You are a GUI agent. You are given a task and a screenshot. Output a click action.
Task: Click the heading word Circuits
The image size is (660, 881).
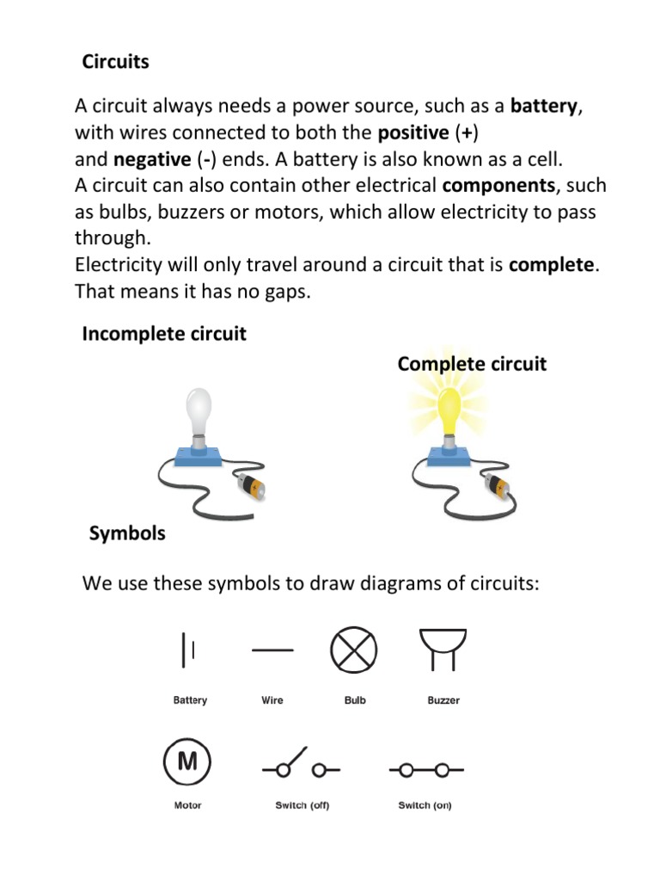coord(115,62)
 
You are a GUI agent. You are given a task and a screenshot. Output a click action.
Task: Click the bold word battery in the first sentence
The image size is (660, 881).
coord(545,107)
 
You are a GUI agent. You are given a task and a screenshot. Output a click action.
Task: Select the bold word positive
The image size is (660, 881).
coord(412,133)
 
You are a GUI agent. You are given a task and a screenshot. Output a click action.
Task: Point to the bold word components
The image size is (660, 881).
coord(498,186)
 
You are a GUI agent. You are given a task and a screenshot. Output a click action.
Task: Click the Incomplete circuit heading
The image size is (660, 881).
coord(164,334)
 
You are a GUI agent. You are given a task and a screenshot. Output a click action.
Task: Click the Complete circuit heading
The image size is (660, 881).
coord(472,364)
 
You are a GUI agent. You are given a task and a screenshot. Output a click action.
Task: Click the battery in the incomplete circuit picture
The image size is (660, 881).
coord(249,487)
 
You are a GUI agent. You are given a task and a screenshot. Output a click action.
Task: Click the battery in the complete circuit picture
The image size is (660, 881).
coord(498,486)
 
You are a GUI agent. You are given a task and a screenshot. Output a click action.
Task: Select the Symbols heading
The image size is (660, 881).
coord(127,533)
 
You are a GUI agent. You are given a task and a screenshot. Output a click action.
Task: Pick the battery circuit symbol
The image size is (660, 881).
coord(188,650)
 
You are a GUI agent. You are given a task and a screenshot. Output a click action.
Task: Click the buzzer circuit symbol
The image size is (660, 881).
coord(443,648)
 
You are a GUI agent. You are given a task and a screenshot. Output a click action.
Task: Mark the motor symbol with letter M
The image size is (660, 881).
coord(186,761)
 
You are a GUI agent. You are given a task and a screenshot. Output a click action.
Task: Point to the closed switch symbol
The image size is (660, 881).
coord(426,769)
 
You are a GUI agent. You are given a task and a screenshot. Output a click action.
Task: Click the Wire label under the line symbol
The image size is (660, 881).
coord(272,700)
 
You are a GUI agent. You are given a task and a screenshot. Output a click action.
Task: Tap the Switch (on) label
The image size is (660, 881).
coord(425,806)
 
